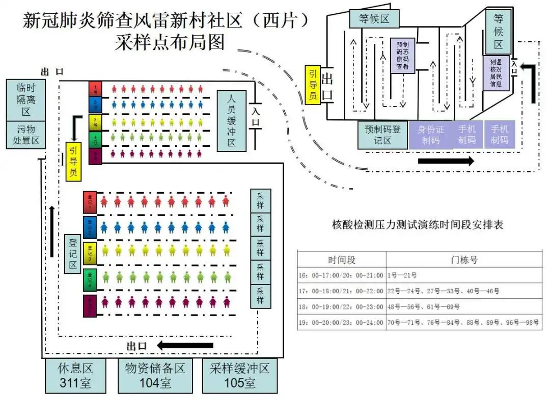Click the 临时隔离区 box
[25, 99]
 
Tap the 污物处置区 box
[25, 135]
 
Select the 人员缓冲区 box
[231, 121]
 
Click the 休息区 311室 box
[75, 376]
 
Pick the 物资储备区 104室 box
[155, 376]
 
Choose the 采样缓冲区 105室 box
[239, 376]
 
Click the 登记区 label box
[73, 253]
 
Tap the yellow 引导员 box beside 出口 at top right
[313, 85]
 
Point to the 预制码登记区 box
[382, 135]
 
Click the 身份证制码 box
[431, 135]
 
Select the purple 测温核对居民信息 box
[496, 73]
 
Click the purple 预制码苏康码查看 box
[402, 56]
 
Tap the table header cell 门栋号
[463, 260]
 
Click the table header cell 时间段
[342, 260]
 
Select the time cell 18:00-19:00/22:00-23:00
[341, 307]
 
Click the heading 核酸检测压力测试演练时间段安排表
[418, 224]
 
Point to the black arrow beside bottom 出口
[185, 346]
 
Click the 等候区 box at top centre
[374, 19]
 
